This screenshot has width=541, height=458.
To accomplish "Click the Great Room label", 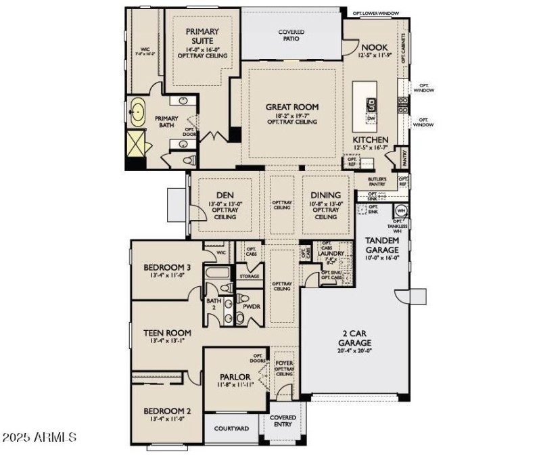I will coord(291,107).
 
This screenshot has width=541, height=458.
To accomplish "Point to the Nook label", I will coord(373,47).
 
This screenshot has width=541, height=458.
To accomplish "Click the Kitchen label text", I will coord(370,139).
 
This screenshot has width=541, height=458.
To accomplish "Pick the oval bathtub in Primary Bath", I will coord(138,112).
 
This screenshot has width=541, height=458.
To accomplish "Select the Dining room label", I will coord(325,196).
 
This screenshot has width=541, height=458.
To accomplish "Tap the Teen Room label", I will coord(168,333).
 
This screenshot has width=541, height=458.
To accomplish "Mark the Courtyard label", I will coord(231,428).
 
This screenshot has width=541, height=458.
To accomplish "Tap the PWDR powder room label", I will coord(252,306).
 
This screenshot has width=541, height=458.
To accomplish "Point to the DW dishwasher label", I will coord(371,118).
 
